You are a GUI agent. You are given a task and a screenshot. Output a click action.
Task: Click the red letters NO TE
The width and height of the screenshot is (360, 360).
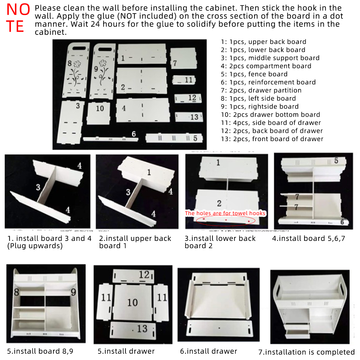[18, 18]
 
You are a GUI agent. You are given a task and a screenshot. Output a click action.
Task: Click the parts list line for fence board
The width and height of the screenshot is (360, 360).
[254, 74]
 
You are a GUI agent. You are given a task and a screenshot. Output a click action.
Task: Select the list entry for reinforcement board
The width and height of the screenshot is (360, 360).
[268, 82]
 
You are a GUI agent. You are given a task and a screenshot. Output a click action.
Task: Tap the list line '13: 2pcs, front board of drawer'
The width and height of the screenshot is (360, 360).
[272, 139]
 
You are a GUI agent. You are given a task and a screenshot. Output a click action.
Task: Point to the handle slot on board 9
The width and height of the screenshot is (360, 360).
[105, 49]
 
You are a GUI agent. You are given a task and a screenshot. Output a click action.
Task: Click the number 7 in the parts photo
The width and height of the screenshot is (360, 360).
[175, 63]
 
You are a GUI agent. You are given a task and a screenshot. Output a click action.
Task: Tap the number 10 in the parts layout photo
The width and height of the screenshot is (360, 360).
[100, 108]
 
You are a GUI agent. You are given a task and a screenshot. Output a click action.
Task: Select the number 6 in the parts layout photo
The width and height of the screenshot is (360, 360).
[134, 134]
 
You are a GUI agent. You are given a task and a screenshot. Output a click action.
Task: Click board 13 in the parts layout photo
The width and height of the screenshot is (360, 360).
[189, 117]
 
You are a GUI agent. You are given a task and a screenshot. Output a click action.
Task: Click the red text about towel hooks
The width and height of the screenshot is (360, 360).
[225, 213]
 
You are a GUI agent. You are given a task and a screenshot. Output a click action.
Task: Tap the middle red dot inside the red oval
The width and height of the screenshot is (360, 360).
[226, 220]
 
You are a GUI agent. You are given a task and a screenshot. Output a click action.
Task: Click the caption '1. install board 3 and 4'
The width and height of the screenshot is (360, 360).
[49, 238]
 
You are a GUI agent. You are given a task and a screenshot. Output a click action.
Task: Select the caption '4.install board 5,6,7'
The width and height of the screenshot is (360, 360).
[309, 238]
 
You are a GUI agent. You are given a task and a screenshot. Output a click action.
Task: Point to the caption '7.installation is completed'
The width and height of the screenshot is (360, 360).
[306, 352]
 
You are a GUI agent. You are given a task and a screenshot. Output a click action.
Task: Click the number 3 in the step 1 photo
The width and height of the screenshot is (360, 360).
[38, 187]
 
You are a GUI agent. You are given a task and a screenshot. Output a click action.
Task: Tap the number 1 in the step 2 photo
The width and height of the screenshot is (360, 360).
[149, 172]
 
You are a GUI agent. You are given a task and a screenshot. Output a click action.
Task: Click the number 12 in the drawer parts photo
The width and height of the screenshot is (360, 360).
[144, 274]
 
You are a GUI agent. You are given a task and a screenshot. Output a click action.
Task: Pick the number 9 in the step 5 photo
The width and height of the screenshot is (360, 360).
[73, 292]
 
